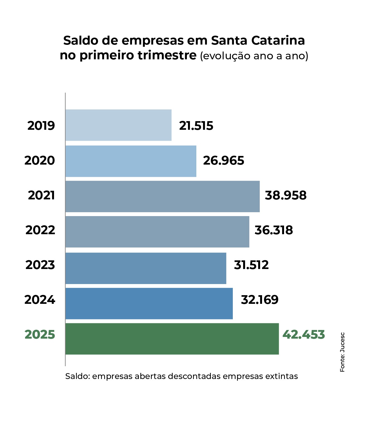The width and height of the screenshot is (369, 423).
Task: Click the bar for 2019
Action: click(118, 125)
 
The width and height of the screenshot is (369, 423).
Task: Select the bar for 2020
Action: click(131, 161)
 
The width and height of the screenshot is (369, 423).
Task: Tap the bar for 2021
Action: click(163, 196)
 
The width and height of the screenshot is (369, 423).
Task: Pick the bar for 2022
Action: click(157, 231)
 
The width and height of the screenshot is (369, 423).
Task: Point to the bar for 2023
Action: click(146, 268)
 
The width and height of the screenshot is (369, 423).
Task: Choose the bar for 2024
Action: click(149, 303)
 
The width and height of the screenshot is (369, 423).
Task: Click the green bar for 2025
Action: click(172, 339)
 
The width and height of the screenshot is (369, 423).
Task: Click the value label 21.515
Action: click(196, 126)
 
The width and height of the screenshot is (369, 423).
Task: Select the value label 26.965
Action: click(223, 160)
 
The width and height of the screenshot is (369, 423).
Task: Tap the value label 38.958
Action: click(285, 195)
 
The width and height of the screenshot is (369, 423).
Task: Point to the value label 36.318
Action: click(273, 230)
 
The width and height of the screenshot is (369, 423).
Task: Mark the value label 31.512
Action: click(251, 265)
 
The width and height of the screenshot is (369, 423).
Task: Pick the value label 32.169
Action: click(260, 300)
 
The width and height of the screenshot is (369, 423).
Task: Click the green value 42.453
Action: click(304, 334)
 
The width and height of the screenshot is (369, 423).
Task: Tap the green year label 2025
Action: click(40, 334)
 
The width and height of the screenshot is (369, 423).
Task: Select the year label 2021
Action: click(41, 195)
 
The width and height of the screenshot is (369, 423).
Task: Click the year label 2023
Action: click(40, 265)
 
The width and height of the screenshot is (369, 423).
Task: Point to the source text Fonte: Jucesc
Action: click(342, 352)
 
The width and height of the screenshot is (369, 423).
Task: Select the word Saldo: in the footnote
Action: click(77, 376)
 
